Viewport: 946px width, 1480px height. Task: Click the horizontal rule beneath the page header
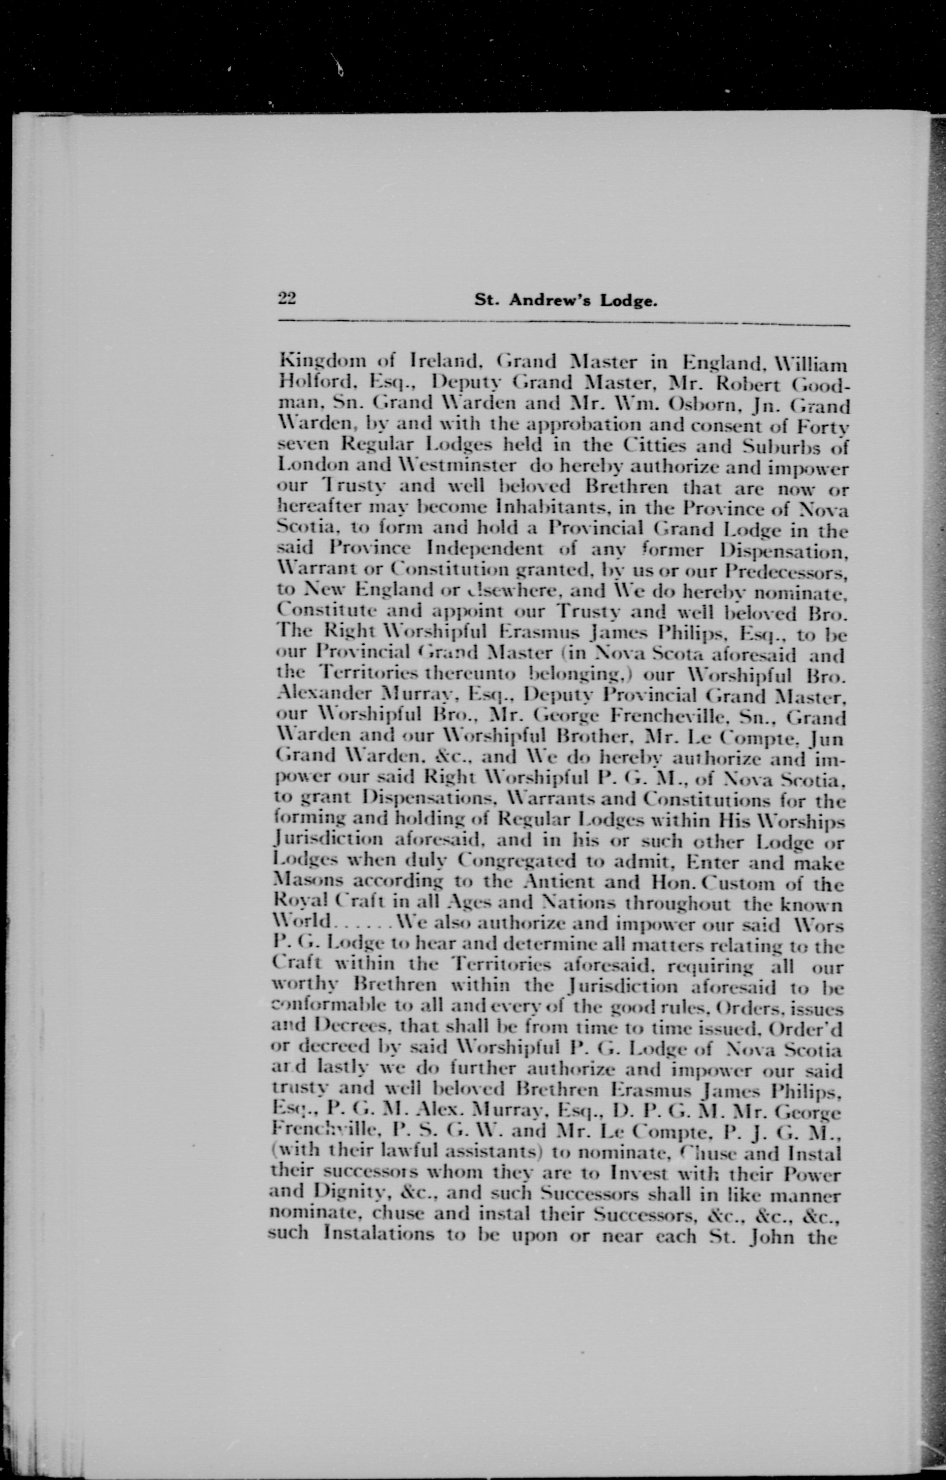coord(564,323)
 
